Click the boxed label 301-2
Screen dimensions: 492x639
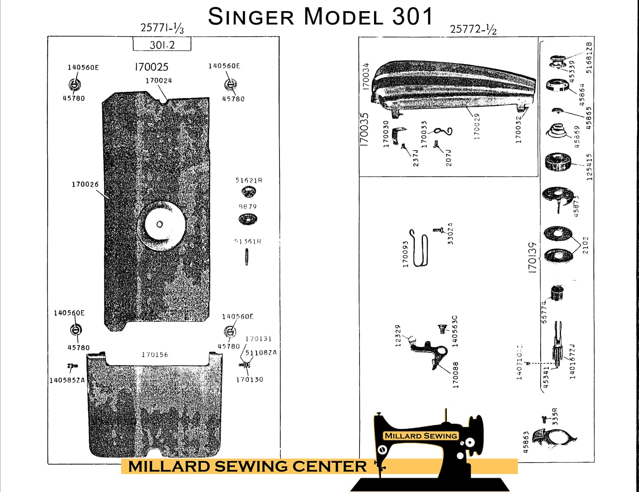(x=162, y=45)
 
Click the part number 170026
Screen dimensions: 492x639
(x=85, y=184)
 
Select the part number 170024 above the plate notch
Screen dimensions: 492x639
(x=158, y=80)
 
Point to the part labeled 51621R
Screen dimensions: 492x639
(x=249, y=192)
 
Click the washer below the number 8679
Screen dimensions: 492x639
(x=248, y=220)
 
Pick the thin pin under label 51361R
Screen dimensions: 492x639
(x=247, y=257)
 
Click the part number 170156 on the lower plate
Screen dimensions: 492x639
(x=155, y=355)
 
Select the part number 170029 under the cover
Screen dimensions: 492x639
(x=477, y=126)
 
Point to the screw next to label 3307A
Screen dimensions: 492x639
(x=438, y=230)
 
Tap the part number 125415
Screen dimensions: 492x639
(x=590, y=167)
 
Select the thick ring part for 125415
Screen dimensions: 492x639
(x=556, y=162)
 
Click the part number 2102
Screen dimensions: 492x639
(x=585, y=245)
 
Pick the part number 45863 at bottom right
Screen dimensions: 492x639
(x=526, y=442)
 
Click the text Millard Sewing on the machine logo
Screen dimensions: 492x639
(x=420, y=436)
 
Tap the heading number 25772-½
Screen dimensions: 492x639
(x=473, y=29)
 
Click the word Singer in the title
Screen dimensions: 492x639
(x=251, y=17)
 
